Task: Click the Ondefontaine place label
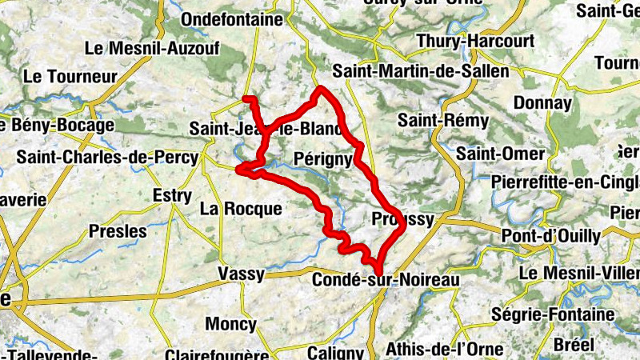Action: pyautogui.click(x=232, y=19)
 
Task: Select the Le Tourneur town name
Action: pyautogui.click(x=70, y=77)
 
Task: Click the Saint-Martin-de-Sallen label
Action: pyautogui.click(x=421, y=71)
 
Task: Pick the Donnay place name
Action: pyautogui.click(x=542, y=102)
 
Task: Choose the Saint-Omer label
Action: pyautogui.click(x=501, y=152)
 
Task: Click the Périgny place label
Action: pyautogui.click(x=322, y=158)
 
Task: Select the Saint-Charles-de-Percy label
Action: pyautogui.click(x=106, y=158)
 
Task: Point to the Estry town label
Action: pyautogui.click(x=172, y=196)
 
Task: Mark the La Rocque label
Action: pyautogui.click(x=241, y=210)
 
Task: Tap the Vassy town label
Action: pyautogui.click(x=241, y=274)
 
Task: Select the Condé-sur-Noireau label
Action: pyautogui.click(x=386, y=280)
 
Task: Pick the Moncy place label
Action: pyautogui.click(x=230, y=324)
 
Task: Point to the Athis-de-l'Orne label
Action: pyautogui.click(x=444, y=349)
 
